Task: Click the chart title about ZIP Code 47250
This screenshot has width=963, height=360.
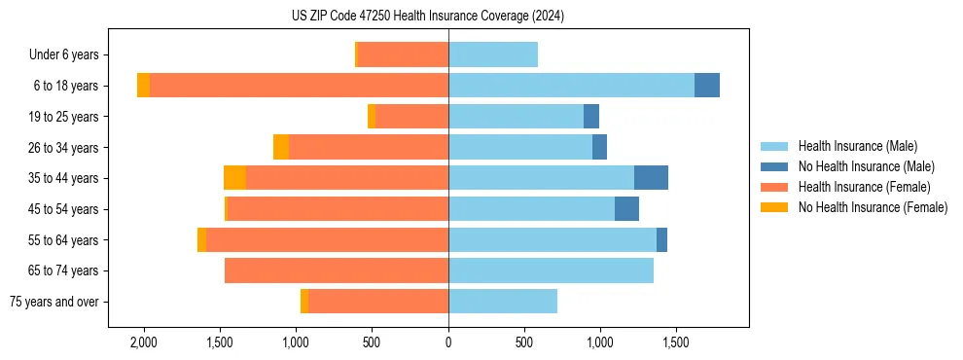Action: point(427,17)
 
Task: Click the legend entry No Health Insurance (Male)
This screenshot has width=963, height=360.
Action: point(866,166)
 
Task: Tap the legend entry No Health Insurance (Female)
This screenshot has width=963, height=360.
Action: point(873,207)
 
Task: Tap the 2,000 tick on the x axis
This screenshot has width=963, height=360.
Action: point(144,342)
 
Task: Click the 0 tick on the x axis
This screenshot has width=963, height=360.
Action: point(448,342)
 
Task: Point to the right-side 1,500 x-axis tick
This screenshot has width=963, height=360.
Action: point(677,342)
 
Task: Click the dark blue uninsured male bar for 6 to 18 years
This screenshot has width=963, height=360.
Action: point(707,86)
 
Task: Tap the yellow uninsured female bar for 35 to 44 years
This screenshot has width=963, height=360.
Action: point(234,178)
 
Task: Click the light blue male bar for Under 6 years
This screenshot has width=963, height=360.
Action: point(493,54)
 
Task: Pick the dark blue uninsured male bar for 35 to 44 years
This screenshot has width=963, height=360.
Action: point(651,178)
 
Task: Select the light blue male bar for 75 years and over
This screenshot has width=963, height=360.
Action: point(503,302)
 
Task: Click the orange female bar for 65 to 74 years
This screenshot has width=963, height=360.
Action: point(337,270)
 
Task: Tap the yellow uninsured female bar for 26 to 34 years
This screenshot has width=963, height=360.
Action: point(281,147)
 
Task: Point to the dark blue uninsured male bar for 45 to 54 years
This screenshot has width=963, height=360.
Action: point(626,209)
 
